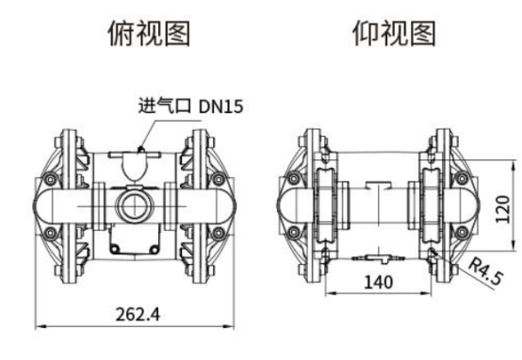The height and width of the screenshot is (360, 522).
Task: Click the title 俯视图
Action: [x=149, y=33]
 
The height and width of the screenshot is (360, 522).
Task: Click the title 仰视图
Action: [x=394, y=33]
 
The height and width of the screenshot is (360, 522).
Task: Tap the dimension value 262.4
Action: [x=138, y=314]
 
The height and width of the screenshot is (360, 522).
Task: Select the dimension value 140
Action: [x=379, y=282]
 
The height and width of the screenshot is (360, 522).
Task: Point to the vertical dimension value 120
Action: [x=502, y=209]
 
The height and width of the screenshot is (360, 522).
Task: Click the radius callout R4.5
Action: [x=486, y=273]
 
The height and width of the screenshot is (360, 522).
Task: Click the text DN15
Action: [x=220, y=106]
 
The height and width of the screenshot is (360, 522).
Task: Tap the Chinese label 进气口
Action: [x=165, y=106]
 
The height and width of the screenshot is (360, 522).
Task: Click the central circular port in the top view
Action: [x=135, y=205]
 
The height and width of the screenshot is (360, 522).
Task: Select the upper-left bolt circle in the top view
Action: [x=50, y=180]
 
